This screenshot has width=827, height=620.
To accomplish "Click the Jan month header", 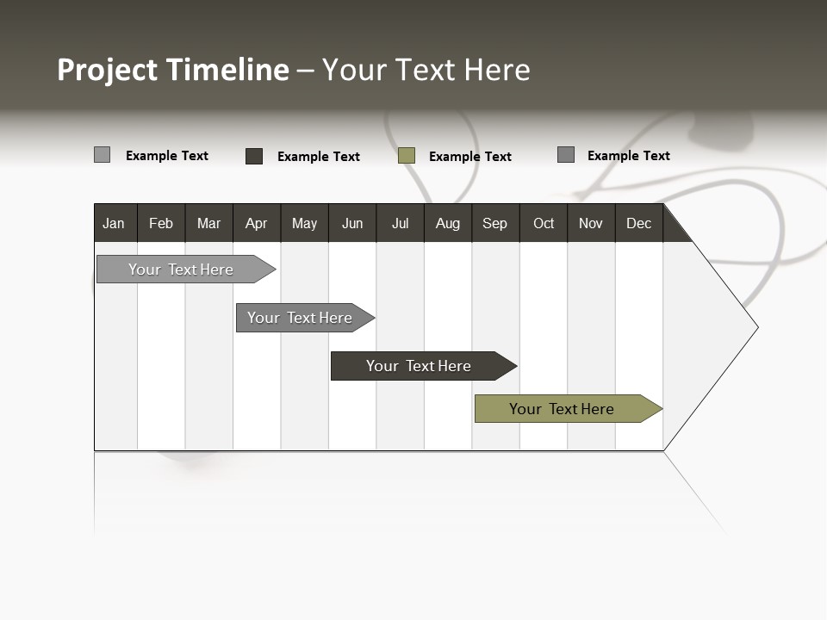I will pyautogui.click(x=114, y=223).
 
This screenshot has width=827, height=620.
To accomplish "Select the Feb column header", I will pyautogui.click(x=161, y=223).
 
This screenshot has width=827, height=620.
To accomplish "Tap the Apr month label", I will pyautogui.click(x=256, y=223).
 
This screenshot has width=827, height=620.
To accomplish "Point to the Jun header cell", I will pyautogui.click(x=352, y=223).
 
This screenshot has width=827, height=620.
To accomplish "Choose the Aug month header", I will pyautogui.click(x=447, y=223).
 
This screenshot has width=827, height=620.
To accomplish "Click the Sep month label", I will pyautogui.click(x=494, y=223).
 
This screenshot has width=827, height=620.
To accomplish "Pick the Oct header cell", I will pyautogui.click(x=544, y=223).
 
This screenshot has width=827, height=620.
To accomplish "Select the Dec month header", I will pyautogui.click(x=638, y=223).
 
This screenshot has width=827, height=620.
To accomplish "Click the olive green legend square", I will pyautogui.click(x=407, y=156).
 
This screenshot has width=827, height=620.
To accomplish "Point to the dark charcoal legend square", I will pyautogui.click(x=254, y=156).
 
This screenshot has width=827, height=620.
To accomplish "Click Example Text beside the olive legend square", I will pyautogui.click(x=469, y=157).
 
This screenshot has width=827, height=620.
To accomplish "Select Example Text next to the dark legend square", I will pyautogui.click(x=318, y=157).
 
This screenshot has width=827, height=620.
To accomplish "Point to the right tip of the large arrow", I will pyautogui.click(x=755, y=327).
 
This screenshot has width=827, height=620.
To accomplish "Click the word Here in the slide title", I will pyautogui.click(x=497, y=70).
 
